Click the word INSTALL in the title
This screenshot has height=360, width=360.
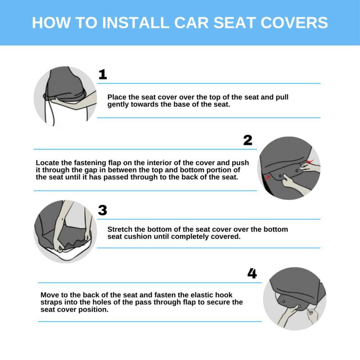tap(136, 23)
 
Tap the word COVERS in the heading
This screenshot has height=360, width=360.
tap(294, 23)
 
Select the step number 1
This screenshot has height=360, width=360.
tap(103, 74)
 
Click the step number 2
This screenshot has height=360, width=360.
tap(248, 140)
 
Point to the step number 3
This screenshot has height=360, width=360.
tap(103, 210)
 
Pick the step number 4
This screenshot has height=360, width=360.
tap(252, 274)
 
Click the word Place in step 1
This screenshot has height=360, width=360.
tap(117, 97)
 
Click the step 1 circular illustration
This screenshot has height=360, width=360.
tap(65, 98)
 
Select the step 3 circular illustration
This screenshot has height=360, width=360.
tap(65, 231)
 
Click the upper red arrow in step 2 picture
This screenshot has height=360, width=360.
tap(310, 161)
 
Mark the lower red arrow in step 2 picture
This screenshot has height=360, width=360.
tap(266, 177)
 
